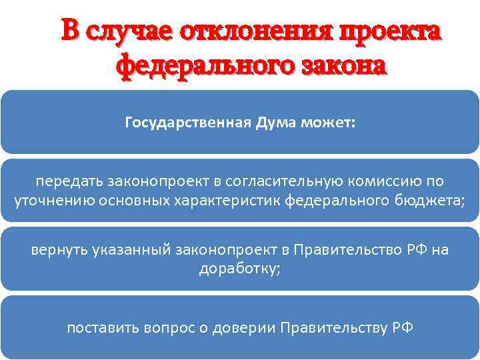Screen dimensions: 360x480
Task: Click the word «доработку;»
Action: click(239, 268)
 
